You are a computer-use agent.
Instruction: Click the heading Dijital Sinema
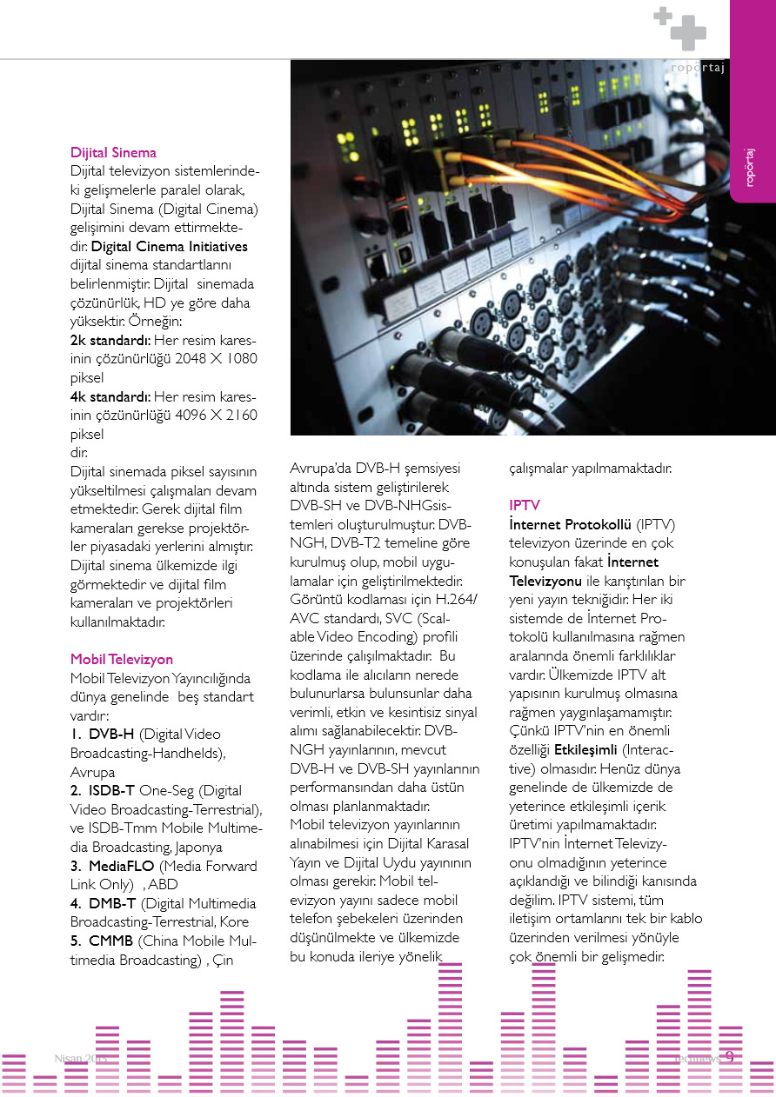[113, 153]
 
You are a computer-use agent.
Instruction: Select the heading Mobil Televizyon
[122, 660]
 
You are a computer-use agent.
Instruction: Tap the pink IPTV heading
[525, 505]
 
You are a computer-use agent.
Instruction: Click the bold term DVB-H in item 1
[111, 735]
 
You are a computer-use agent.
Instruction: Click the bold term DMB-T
[113, 904]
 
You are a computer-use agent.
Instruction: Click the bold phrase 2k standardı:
[111, 340]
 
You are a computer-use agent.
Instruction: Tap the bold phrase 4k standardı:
[111, 396]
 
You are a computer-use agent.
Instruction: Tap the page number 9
[729, 1058]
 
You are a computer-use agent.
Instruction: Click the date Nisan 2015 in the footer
[80, 1059]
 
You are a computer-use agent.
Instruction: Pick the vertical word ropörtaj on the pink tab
[750, 166]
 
